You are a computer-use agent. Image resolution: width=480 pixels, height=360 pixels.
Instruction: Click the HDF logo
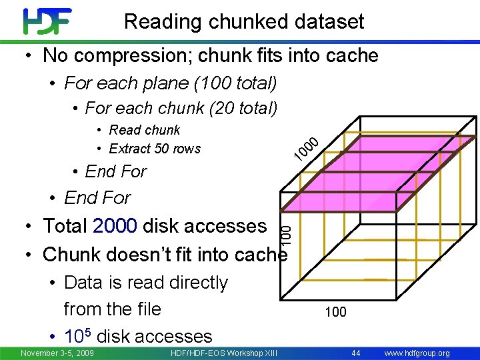47,21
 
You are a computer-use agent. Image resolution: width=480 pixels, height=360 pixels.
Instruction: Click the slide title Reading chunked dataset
244,21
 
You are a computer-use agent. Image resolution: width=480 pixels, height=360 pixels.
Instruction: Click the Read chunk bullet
144,130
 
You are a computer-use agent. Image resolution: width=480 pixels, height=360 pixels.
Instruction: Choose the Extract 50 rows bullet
154,148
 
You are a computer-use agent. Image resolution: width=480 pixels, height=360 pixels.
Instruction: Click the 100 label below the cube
335,311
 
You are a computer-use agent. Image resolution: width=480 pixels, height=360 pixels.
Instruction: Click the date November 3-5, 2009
57,353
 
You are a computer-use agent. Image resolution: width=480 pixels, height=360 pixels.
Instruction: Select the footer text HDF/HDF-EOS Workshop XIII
224,353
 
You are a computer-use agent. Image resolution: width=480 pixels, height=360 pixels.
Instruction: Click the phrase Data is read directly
146,283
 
